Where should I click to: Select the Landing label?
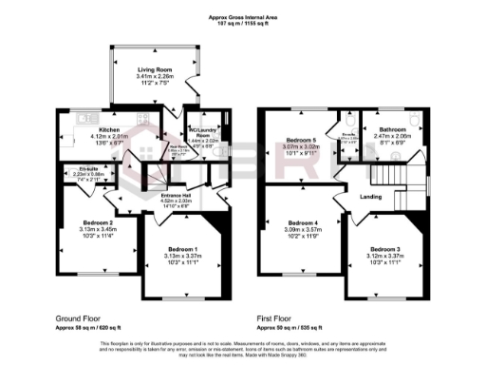click(x=371, y=196)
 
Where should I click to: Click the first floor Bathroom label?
click(x=393, y=128)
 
